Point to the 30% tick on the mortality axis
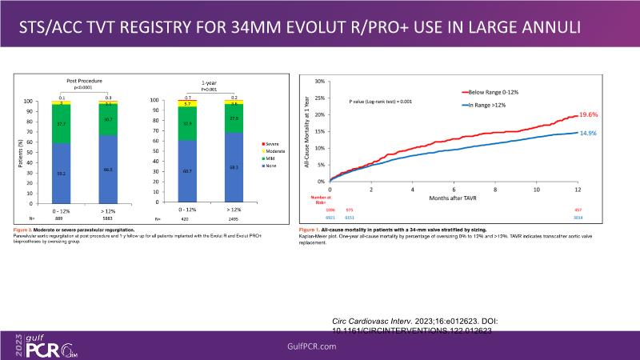click(x=319, y=82)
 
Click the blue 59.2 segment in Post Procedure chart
click(x=62, y=173)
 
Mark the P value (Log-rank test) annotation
click(x=380, y=103)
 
